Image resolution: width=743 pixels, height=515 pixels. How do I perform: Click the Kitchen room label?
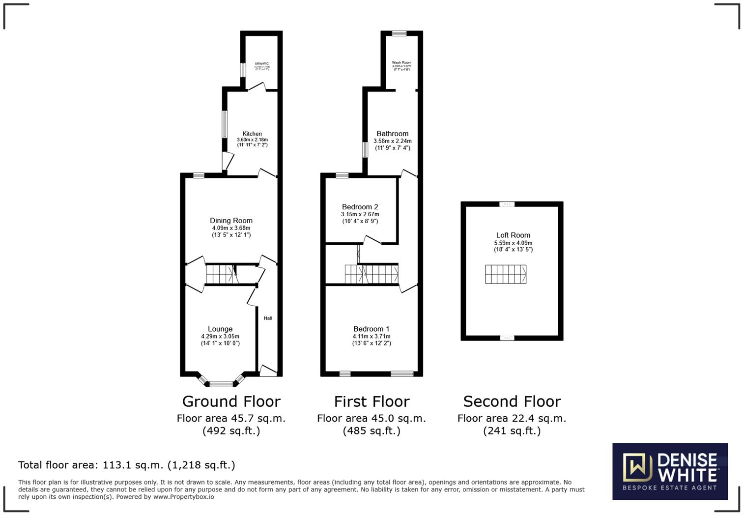tap(252, 134)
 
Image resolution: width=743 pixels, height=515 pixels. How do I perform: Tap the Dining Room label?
tap(231, 221)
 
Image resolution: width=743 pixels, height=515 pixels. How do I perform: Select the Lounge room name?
tap(220, 329)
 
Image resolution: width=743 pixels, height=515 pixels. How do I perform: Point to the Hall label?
tap(268, 318)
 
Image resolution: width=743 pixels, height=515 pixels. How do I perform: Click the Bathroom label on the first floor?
tap(392, 134)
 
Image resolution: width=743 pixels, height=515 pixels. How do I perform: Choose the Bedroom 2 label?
tap(360, 207)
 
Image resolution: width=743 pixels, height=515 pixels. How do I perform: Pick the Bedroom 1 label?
tap(371, 329)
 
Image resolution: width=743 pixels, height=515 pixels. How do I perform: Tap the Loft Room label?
tap(513, 235)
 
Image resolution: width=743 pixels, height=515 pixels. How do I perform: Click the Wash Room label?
tap(401, 63)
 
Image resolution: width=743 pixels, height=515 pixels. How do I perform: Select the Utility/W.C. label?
tap(261, 63)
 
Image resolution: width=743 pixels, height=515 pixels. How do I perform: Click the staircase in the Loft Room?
tap(506, 274)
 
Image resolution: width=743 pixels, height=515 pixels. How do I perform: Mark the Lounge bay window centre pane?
tap(221, 384)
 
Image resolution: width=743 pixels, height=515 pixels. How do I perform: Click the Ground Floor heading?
tap(231, 401)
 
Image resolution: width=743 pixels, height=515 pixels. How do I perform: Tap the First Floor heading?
tap(371, 401)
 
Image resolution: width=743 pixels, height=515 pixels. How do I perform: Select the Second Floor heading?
tap(512, 401)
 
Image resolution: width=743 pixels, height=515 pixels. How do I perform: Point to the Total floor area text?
tap(126, 465)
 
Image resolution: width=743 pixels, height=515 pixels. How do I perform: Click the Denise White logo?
tap(670, 472)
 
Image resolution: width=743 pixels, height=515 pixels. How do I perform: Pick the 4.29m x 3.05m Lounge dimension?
tap(220, 336)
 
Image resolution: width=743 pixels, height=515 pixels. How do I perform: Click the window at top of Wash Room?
tap(399, 33)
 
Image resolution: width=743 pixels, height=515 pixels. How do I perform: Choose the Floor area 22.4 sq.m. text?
tap(512, 419)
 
